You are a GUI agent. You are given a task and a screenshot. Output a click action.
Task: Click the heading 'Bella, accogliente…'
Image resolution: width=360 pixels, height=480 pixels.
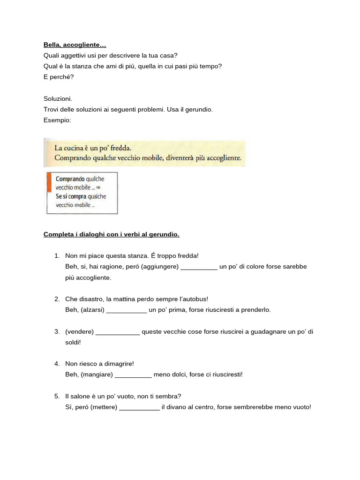point(75,45)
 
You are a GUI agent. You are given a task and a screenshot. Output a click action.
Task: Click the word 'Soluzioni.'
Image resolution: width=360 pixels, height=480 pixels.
point(58,99)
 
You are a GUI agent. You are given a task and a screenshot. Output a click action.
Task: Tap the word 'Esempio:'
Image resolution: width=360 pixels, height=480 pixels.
point(57,120)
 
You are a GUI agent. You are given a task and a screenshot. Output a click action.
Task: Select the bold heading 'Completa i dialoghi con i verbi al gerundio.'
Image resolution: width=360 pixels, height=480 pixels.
point(112,234)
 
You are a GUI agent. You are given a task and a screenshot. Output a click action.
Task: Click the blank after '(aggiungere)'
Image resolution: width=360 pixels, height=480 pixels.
point(199,267)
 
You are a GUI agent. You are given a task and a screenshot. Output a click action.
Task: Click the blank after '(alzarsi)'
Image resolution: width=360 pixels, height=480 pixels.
point(127,310)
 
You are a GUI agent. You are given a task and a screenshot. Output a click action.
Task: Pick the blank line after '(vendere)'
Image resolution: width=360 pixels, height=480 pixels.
point(118,332)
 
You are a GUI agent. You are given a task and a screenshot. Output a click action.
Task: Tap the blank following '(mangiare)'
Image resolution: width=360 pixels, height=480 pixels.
point(133,375)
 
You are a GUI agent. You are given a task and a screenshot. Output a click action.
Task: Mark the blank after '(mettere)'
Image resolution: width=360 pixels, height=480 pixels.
point(139,407)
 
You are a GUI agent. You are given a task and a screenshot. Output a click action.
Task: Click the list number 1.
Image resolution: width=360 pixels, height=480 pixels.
point(57,256)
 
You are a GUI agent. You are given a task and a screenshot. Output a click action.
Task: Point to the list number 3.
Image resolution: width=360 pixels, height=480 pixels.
point(57,332)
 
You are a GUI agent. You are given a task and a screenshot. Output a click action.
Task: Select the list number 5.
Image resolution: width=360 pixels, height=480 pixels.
point(57,397)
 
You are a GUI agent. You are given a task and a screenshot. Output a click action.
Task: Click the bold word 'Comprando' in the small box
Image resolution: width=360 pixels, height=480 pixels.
point(70,179)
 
